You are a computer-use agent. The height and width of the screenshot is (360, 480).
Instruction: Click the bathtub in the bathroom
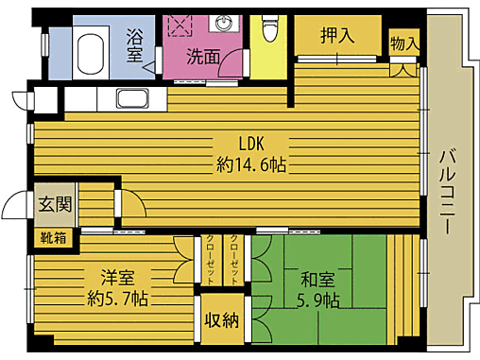(x=92, y=48)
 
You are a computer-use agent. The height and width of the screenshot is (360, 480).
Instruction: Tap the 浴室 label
(x=136, y=46)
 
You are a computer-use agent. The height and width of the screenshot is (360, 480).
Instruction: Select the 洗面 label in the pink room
(x=202, y=57)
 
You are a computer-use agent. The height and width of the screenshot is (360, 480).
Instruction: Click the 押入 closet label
(x=336, y=36)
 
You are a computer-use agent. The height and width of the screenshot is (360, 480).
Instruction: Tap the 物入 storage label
(x=404, y=43)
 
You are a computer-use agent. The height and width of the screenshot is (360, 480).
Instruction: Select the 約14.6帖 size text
(x=251, y=164)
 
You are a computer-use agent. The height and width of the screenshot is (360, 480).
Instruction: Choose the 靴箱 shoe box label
(x=54, y=237)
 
